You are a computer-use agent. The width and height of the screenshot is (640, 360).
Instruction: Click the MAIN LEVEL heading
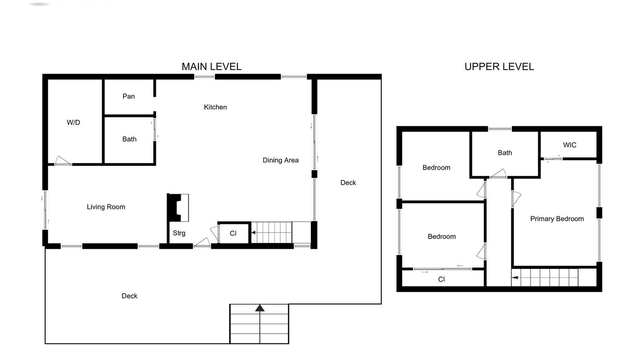(211, 66)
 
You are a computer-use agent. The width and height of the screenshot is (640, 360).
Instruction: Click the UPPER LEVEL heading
(499, 66)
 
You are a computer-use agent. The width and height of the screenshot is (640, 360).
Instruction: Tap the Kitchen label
(215, 107)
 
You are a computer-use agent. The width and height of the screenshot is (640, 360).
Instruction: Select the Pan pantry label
(128, 96)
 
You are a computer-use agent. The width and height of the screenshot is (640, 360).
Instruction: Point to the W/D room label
(73, 122)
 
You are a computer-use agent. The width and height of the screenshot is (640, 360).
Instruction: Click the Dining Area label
(280, 160)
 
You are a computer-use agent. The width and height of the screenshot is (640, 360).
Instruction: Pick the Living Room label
(106, 207)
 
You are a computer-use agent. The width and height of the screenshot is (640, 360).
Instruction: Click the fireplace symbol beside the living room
(177, 207)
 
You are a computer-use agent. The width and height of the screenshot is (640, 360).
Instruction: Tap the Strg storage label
(179, 233)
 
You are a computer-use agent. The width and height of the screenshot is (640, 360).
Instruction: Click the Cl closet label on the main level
(233, 233)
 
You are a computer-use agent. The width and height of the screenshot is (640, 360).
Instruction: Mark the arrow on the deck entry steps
(259, 323)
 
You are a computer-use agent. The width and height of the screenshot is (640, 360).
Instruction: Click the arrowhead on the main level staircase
(253, 233)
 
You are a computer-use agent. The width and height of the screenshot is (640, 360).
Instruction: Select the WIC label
(569, 145)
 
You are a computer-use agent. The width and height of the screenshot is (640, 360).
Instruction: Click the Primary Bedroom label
(557, 219)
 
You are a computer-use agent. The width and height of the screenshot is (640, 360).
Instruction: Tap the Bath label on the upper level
(505, 153)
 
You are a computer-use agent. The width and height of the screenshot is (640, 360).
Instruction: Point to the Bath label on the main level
(129, 139)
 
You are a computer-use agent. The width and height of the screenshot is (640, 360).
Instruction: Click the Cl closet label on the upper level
(441, 279)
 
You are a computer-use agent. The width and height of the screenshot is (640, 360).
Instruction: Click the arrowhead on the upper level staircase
(515, 277)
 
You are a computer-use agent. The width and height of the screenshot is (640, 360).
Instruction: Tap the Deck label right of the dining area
(348, 182)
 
